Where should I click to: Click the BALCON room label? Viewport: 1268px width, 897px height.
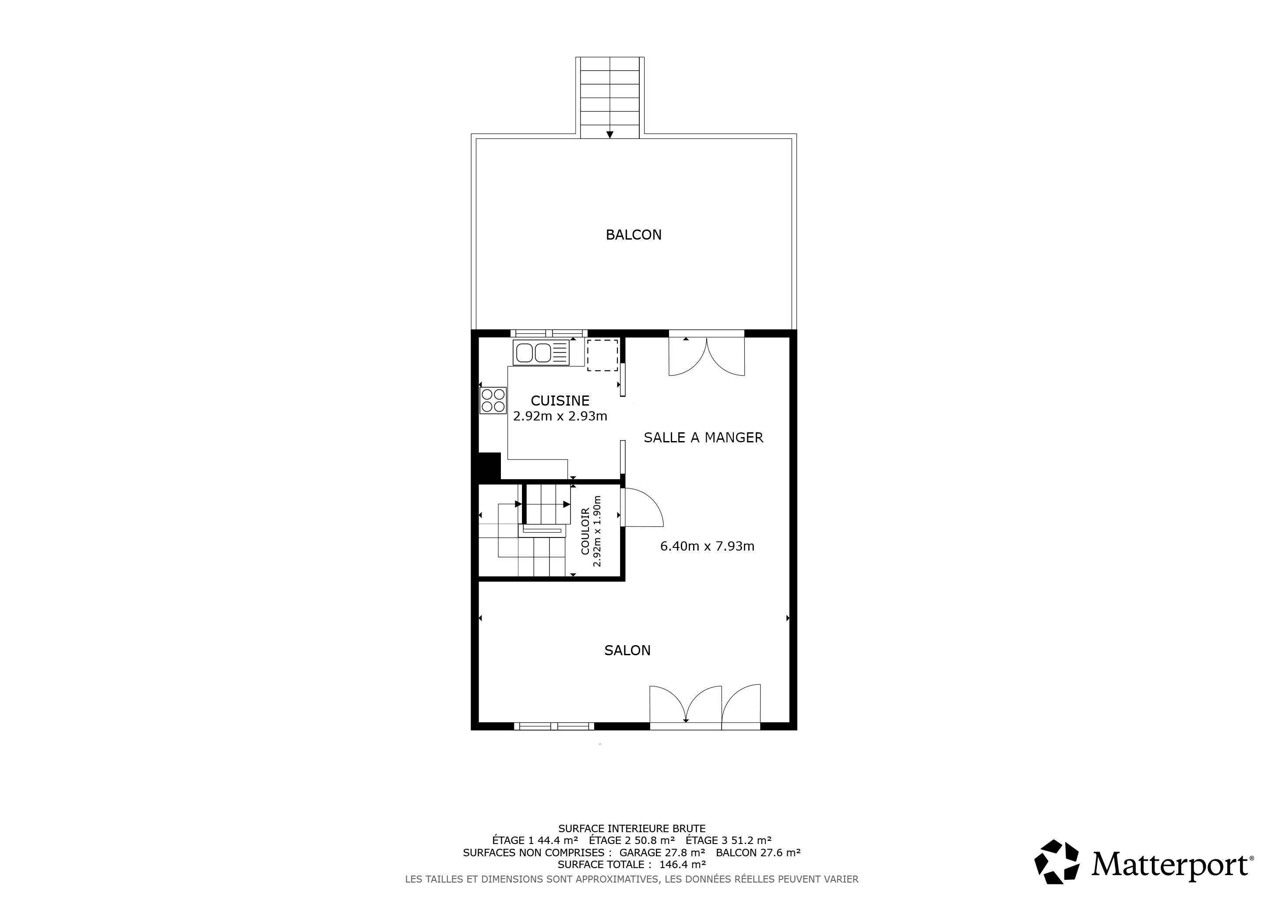coord(634,235)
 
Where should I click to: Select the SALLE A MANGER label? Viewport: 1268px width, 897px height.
coord(704,438)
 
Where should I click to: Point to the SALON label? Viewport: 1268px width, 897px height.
coord(627,650)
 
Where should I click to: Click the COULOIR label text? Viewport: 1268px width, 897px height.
coord(585,532)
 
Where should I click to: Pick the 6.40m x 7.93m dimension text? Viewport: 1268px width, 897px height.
coord(708,546)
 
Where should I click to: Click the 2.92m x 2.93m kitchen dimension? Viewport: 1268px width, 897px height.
coord(560,416)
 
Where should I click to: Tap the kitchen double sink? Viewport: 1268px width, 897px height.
coord(541,353)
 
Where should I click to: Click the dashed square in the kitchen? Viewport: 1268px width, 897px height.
coord(602,355)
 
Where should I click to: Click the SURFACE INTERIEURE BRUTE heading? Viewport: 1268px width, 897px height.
coord(632,829)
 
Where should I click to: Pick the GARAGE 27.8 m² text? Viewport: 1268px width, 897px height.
coord(662,852)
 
